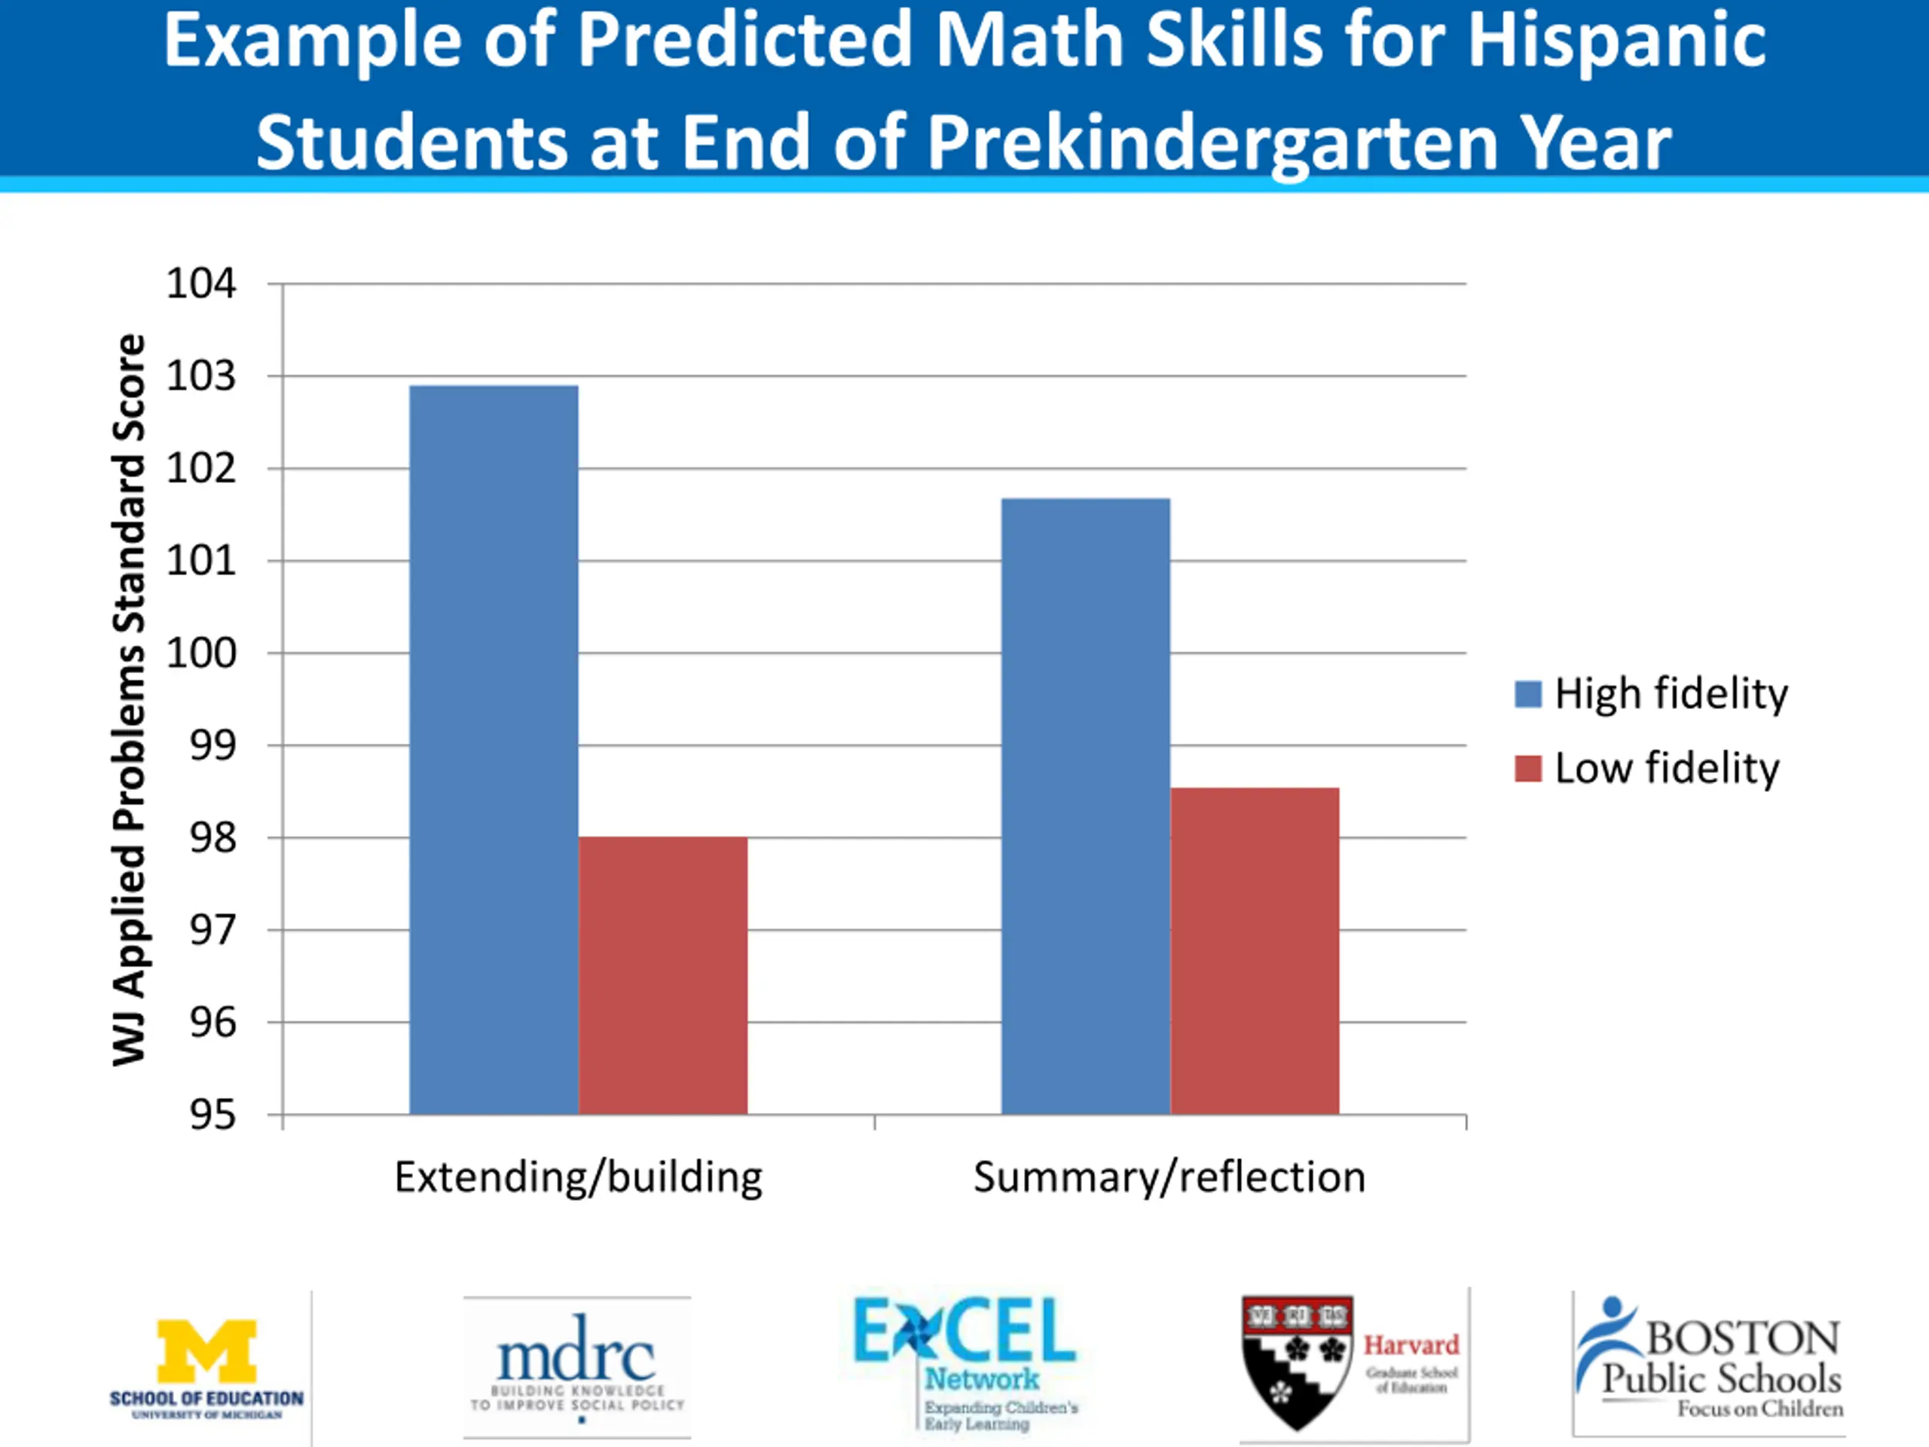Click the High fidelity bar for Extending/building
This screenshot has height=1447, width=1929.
click(x=494, y=750)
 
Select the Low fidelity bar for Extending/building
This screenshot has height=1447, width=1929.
click(x=663, y=975)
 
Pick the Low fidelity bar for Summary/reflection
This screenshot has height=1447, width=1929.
click(x=1254, y=950)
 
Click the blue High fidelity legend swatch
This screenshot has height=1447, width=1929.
click(x=1528, y=694)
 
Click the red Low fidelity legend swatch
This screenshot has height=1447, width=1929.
click(x=1528, y=769)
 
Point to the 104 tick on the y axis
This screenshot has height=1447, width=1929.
click(x=201, y=283)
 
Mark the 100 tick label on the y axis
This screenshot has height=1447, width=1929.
click(x=201, y=653)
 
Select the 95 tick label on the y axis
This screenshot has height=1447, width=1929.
click(x=212, y=1115)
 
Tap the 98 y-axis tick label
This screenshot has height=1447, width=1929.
click(x=212, y=838)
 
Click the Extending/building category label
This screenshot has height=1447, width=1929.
click(x=578, y=1176)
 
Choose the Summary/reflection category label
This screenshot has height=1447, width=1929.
click(x=1169, y=1176)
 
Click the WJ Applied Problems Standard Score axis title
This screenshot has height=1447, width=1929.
click(x=129, y=699)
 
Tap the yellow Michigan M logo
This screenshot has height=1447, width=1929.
click(x=206, y=1351)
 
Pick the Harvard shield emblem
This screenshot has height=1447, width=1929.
click(x=1297, y=1360)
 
